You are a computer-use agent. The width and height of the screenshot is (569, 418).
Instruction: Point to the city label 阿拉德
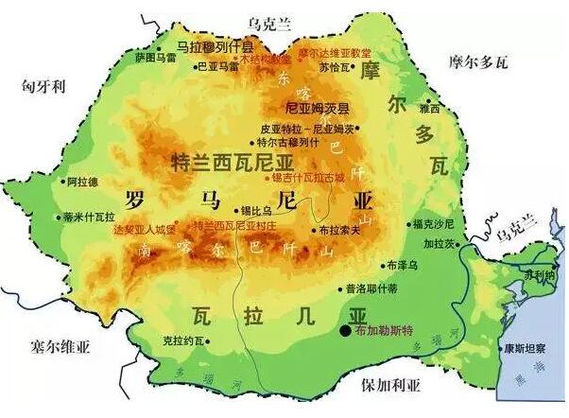point(82,181)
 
